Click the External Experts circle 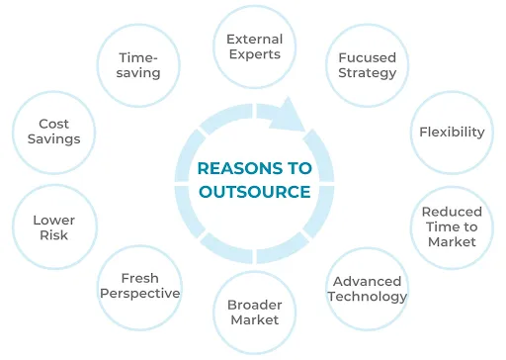point(254,46)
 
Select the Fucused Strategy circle point(367,65)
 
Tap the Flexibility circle point(452,132)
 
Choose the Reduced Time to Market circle point(452,226)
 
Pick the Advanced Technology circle point(369,289)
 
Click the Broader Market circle point(254,312)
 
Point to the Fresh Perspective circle point(139,286)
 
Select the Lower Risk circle point(53,227)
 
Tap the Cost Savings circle point(53,132)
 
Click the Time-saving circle point(138,65)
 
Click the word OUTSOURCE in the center point(254,191)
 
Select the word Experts point(254,54)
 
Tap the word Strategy point(367,73)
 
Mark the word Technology point(369,297)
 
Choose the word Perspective point(139,294)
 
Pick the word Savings point(53,139)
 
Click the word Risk point(53,235)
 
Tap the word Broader point(254,304)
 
